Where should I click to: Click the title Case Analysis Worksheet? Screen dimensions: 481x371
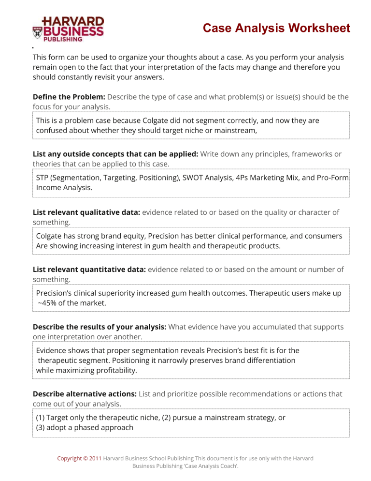276,29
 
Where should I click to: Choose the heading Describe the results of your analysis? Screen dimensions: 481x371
99,327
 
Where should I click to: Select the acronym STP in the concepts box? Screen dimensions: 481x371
43,178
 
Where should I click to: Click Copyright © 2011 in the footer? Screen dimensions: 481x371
79,458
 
